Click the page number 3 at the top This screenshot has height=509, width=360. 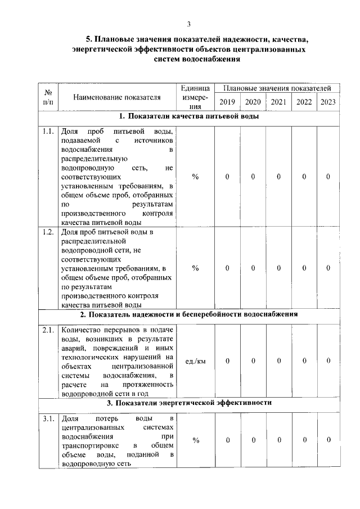190,24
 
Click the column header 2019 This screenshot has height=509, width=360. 227,102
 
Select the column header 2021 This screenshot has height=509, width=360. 278,102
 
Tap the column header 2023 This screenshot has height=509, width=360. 328,102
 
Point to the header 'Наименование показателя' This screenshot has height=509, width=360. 117,97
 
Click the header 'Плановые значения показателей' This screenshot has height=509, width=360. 278,88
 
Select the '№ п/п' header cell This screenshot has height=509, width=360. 48,97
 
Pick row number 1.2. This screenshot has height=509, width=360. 48,232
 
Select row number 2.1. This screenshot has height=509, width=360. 48,330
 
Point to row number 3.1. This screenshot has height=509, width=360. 48,419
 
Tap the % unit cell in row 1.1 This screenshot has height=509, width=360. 195,177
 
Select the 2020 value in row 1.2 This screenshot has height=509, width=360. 253,268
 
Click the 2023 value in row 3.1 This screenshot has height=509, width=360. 328,440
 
